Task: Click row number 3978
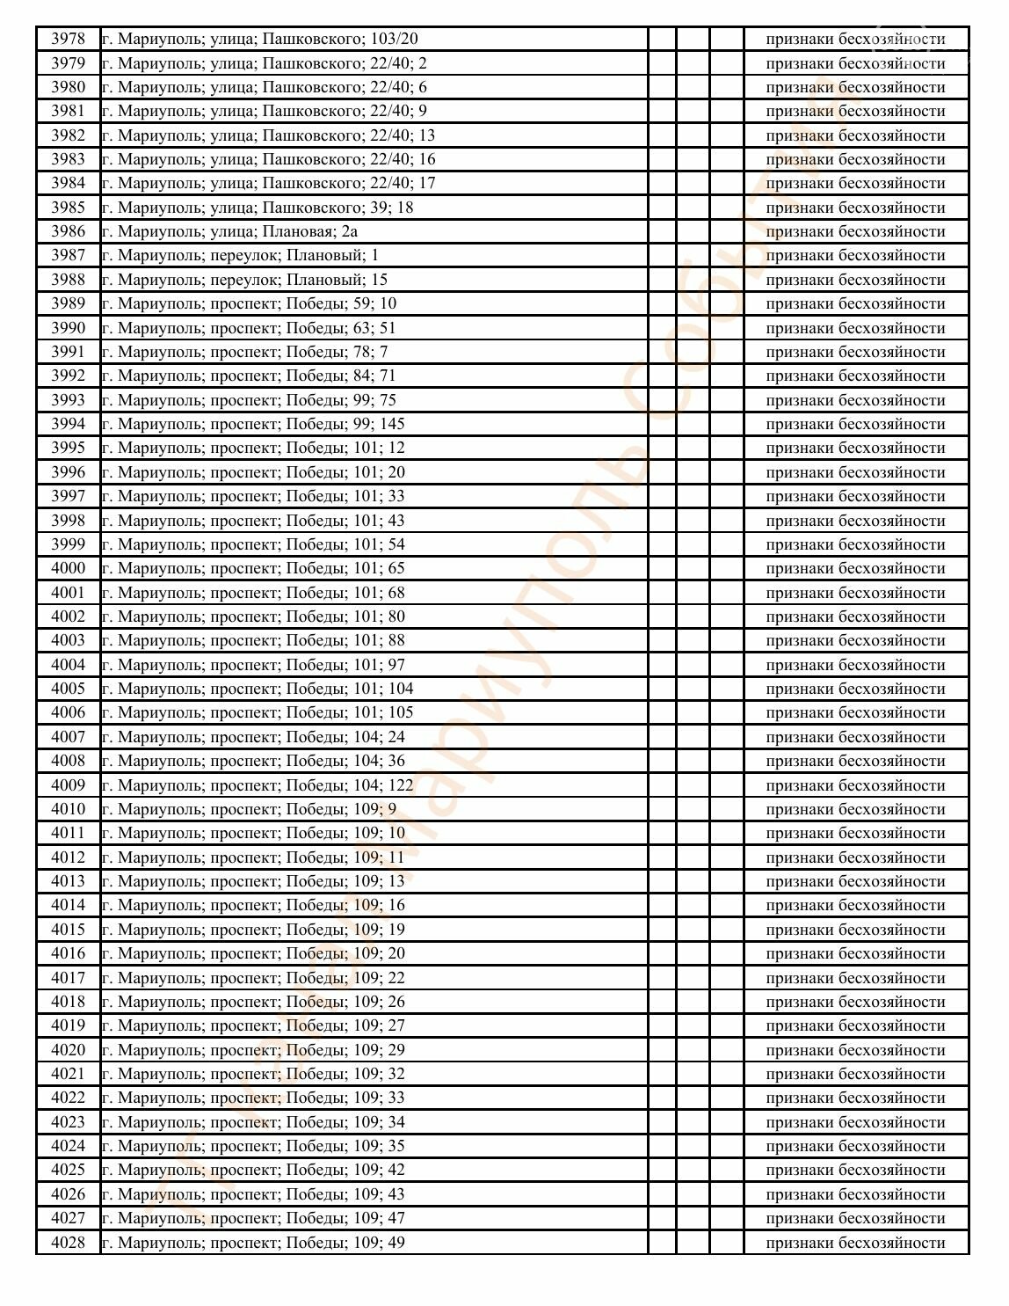point(68,39)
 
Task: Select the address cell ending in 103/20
point(260,39)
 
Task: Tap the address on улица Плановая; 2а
point(229,231)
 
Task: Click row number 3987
point(68,255)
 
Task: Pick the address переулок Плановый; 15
point(244,280)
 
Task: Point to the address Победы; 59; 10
point(249,303)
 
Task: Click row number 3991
point(68,352)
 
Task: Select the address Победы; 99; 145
point(253,424)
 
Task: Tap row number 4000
point(68,568)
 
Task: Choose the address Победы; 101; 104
point(258,689)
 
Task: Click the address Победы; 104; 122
point(258,785)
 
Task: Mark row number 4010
point(68,809)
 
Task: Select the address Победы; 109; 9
point(249,809)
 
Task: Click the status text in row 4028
point(855,1243)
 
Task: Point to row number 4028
point(68,1243)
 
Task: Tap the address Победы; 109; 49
point(253,1243)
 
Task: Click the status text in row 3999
point(855,544)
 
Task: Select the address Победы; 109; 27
point(253,1025)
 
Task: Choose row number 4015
point(68,930)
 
